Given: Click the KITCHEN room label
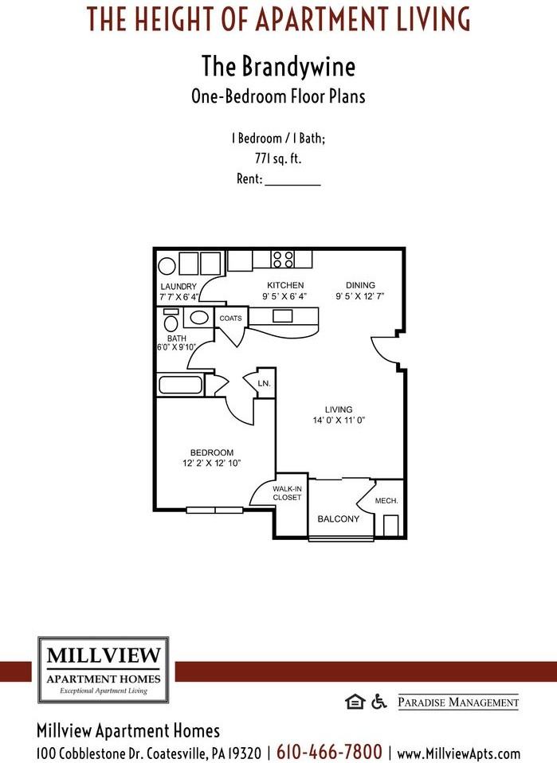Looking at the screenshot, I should (285, 285).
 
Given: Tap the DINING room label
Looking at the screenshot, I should (360, 285).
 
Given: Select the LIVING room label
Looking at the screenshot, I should (339, 409).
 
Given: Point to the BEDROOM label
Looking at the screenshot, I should (212, 452).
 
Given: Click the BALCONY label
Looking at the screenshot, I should (339, 519).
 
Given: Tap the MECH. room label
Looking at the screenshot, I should (386, 501).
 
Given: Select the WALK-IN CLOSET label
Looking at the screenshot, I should (287, 493).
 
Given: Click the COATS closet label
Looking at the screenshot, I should (230, 319).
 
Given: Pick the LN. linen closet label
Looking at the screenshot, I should (264, 384).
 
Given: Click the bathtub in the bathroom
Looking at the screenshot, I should (182, 385).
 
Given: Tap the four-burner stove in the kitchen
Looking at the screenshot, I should (283, 259).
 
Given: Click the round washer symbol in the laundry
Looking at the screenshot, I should (167, 266).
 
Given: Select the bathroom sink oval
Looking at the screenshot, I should (199, 318).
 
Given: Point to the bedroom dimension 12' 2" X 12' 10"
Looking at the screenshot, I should (212, 463).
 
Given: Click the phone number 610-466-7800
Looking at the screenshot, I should (329, 751).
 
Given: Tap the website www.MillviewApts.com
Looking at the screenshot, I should (458, 753).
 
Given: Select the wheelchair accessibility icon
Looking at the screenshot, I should (379, 701).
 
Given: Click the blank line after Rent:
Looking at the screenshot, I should (292, 181).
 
